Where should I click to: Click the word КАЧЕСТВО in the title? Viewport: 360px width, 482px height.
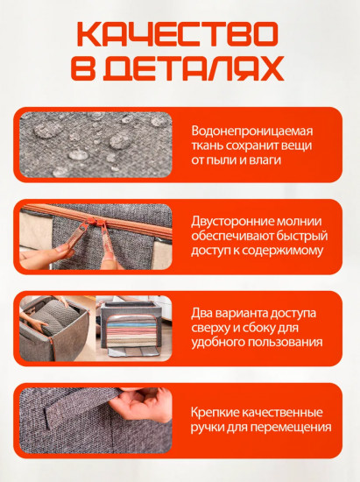click(x=179, y=35)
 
